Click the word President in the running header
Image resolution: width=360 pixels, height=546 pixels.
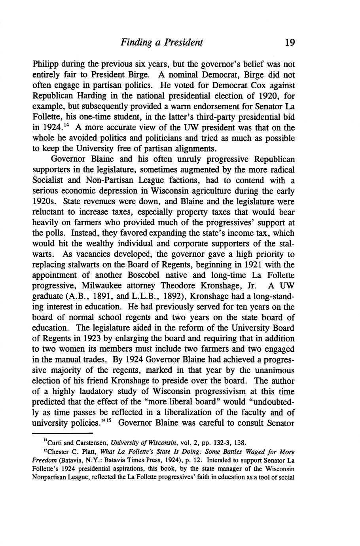[x=183, y=42]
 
